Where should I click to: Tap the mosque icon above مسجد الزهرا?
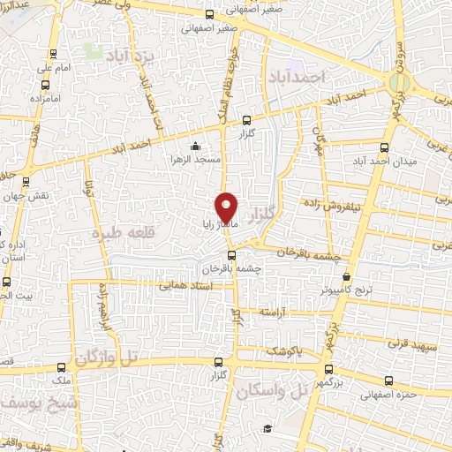click(x=195, y=147)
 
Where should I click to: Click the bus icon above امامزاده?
click(x=45, y=87)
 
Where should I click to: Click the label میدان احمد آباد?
click(x=378, y=162)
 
